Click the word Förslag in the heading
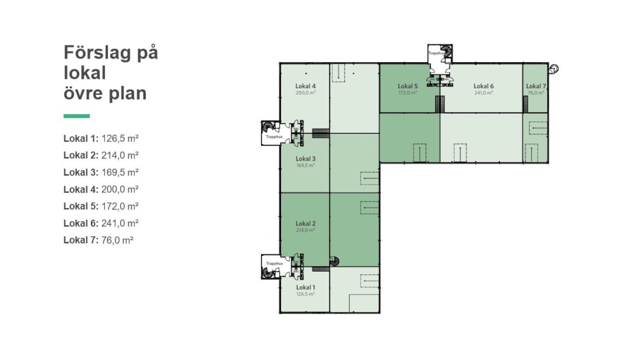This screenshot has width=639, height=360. [97, 53]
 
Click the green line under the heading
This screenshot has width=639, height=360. [77, 116]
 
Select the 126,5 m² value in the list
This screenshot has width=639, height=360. [120, 138]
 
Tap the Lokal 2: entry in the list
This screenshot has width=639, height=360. [81, 155]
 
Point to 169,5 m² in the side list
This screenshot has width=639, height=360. [120, 173]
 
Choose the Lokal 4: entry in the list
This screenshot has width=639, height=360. [81, 189]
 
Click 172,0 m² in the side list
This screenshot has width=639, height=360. [120, 206]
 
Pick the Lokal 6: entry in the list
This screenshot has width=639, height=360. [81, 223]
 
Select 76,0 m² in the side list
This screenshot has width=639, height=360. [117, 241]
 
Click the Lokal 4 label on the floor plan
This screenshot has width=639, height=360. [305, 86]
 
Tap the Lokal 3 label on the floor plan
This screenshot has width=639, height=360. [305, 159]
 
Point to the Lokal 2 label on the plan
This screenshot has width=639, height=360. [305, 223]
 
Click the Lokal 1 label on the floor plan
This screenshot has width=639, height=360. [305, 288]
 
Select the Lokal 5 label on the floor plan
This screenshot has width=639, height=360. [408, 86]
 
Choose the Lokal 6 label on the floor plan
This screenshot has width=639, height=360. [484, 86]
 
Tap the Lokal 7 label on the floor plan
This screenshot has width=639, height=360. [536, 86]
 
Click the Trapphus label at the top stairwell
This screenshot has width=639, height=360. [436, 53]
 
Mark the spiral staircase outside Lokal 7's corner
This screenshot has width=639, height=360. [553, 69]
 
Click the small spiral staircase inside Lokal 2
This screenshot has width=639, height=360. [334, 261]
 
